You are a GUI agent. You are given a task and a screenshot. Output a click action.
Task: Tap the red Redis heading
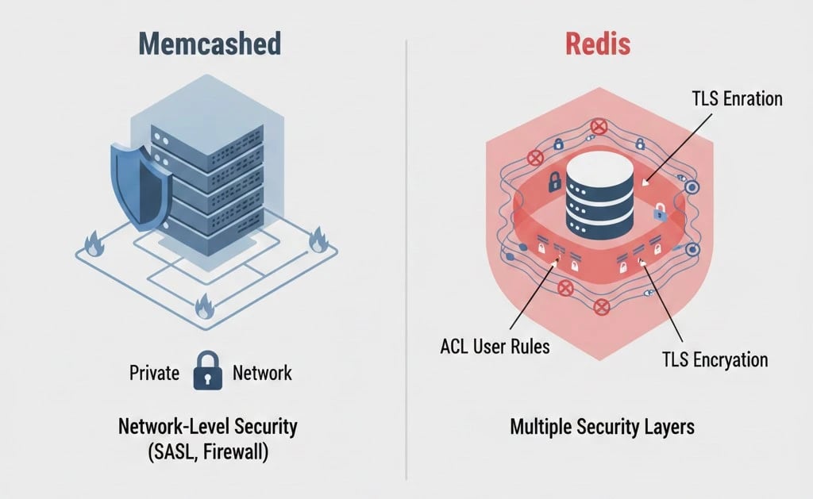(x=597, y=44)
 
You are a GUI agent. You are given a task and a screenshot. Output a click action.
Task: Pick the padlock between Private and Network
(x=206, y=372)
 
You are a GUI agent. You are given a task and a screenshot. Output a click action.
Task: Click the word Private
(x=154, y=373)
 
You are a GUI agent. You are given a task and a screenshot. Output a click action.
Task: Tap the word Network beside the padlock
(x=263, y=373)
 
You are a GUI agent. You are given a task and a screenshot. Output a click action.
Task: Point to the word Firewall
(x=243, y=453)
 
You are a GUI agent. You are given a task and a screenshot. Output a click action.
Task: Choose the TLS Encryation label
(x=715, y=359)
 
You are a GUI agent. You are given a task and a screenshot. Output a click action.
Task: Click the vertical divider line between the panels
(x=406, y=254)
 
